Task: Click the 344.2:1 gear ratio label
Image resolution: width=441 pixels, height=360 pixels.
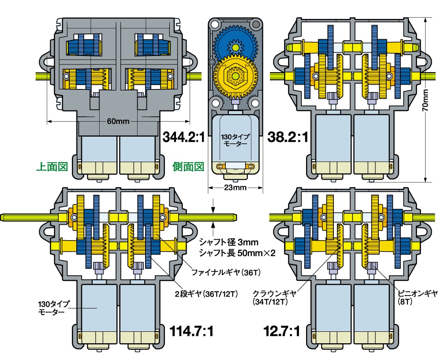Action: [183, 137]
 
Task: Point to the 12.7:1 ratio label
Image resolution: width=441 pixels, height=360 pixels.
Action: [282, 331]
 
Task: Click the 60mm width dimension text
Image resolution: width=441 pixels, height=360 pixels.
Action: [118, 121]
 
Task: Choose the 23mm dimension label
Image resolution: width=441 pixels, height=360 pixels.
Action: [235, 188]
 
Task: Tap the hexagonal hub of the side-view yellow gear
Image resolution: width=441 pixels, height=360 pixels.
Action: [235, 76]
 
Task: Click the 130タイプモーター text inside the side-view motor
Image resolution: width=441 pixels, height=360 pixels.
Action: [235, 140]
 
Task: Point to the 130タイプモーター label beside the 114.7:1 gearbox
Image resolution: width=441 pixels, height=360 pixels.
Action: [52, 308]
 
